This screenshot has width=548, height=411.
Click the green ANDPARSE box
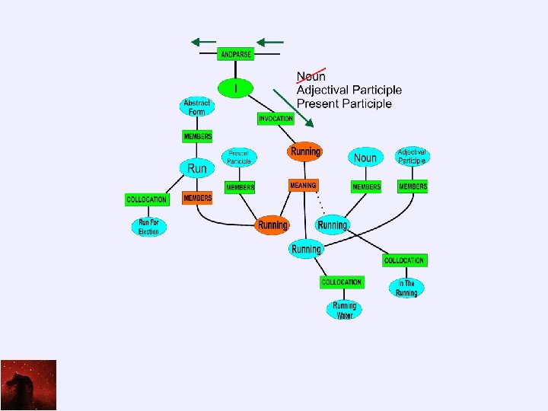[236, 55]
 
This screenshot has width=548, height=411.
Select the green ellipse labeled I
[236, 88]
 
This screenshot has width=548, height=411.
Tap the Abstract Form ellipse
[197, 107]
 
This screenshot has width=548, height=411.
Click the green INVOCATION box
[276, 119]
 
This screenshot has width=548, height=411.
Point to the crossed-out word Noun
[311, 76]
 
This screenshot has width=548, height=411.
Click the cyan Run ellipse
[196, 167]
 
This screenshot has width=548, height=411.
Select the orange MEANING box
[303, 186]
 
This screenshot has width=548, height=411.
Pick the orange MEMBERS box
[197, 198]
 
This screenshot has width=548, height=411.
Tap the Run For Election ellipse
[148, 227]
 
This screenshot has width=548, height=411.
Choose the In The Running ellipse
[406, 288]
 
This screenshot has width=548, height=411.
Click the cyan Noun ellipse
[365, 158]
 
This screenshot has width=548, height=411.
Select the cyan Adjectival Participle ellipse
[413, 156]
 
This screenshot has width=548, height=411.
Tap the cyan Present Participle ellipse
[239, 158]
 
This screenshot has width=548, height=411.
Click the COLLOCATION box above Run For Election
[146, 199]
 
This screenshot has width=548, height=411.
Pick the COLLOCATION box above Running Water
[342, 282]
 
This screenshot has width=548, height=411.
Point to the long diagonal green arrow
[293, 107]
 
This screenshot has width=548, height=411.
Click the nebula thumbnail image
[28, 385]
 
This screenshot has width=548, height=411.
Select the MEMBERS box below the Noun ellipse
[366, 186]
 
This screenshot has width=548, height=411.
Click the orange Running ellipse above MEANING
[304, 151]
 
